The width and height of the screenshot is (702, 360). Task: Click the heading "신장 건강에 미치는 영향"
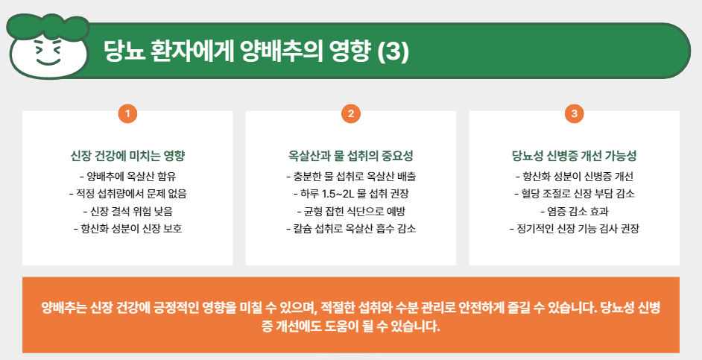click(x=127, y=157)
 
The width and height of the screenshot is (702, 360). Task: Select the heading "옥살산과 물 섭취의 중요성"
click(x=351, y=157)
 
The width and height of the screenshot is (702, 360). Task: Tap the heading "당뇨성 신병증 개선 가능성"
click(x=574, y=157)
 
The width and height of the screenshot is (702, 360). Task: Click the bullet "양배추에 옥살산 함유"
click(x=127, y=177)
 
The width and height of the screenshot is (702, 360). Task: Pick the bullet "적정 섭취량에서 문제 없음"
click(x=127, y=194)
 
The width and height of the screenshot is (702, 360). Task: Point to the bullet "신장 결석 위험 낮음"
click(x=127, y=211)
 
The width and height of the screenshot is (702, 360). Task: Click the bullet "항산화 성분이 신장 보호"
click(x=127, y=228)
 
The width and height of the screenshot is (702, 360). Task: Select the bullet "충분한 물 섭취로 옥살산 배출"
click(x=351, y=177)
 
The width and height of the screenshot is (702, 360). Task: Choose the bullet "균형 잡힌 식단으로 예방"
click(x=351, y=211)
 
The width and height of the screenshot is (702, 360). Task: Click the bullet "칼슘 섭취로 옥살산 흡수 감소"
click(x=351, y=228)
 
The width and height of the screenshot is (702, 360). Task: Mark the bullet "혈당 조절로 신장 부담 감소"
click(x=574, y=194)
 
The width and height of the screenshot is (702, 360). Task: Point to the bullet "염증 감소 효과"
click(x=574, y=211)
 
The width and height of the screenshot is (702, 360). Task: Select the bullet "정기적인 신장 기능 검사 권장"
click(x=574, y=228)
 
